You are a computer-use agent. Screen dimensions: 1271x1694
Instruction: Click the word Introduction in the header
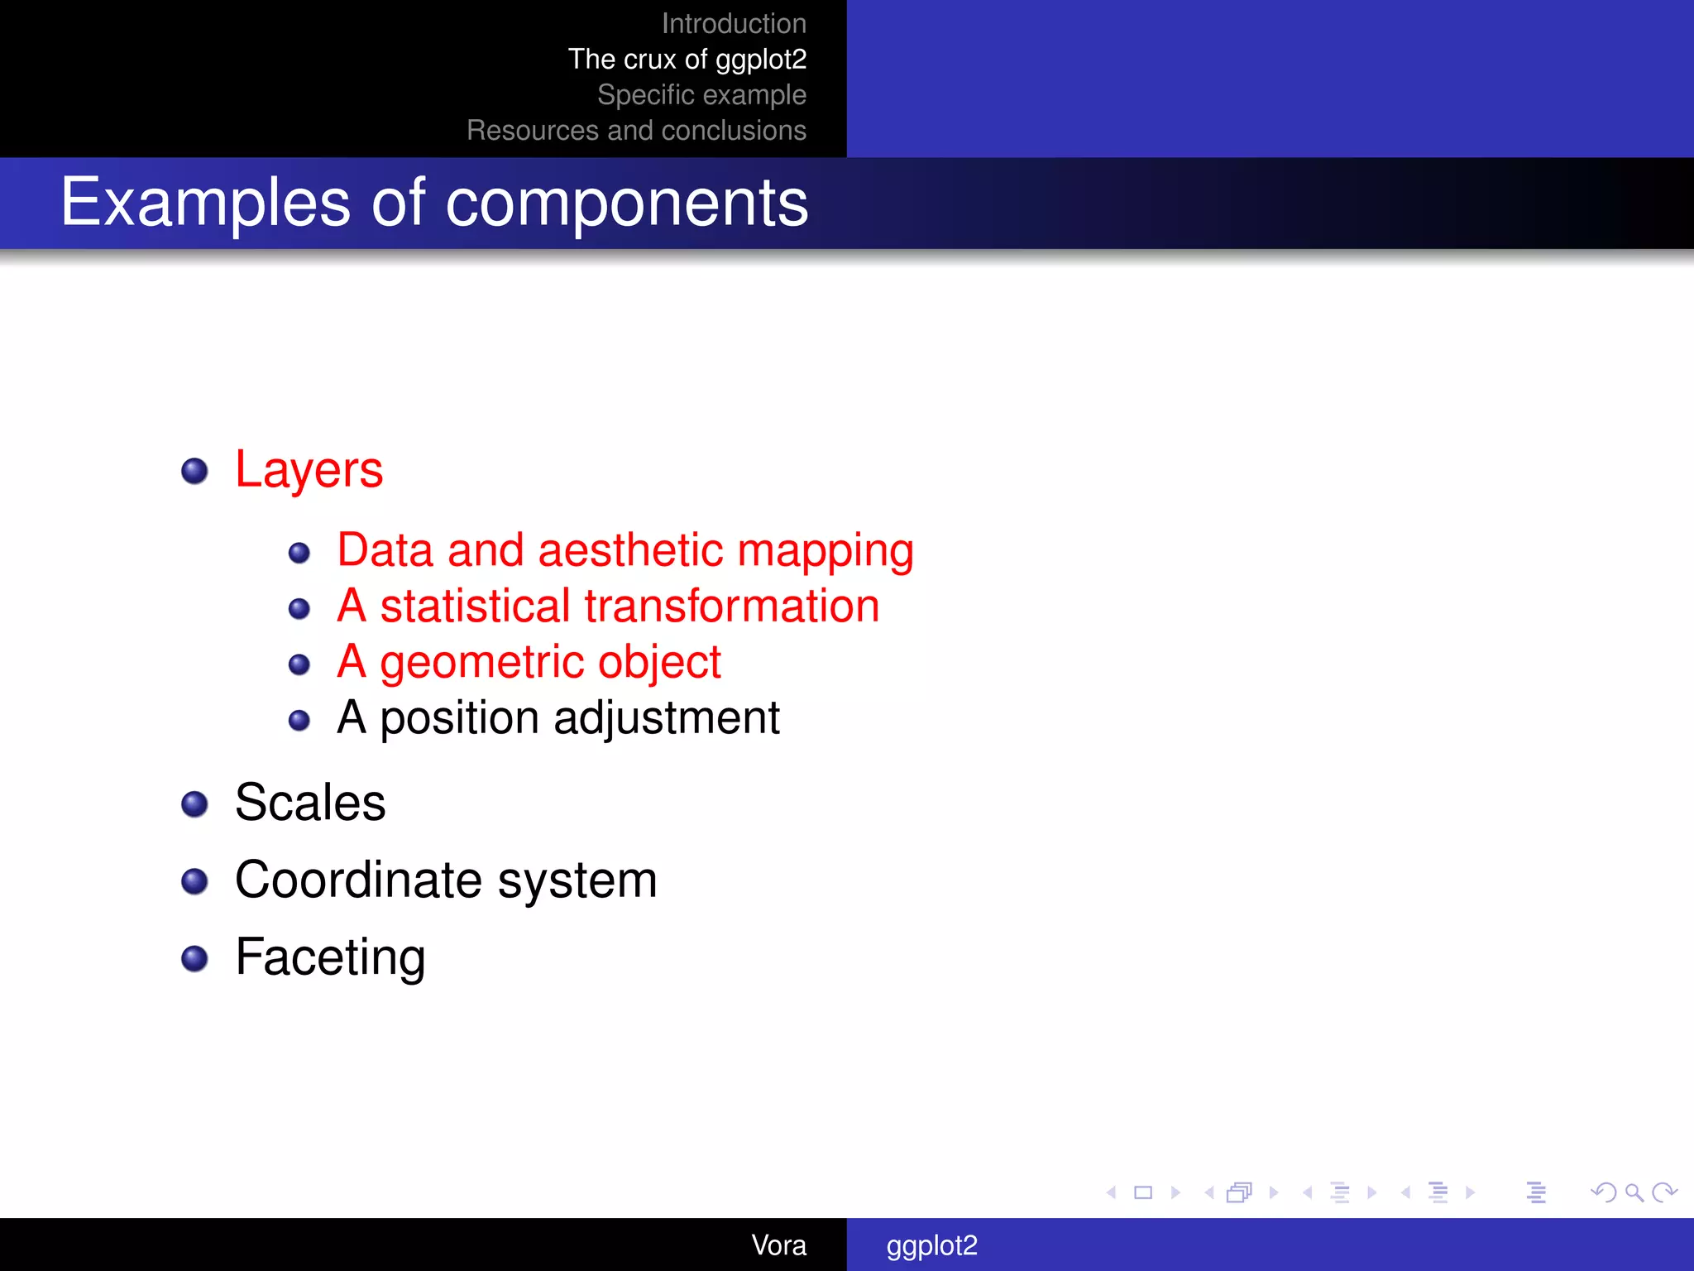pos(733,24)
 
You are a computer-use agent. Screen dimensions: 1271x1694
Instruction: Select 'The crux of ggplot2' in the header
pos(687,60)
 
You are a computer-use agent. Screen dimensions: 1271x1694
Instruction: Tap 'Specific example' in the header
pos(701,95)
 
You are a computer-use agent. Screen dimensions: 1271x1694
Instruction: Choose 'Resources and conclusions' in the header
pos(636,131)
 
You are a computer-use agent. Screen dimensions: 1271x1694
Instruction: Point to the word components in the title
pos(626,204)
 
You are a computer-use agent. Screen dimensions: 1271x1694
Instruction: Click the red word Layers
pos(309,470)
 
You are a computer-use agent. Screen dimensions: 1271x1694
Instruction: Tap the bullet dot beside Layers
pos(194,471)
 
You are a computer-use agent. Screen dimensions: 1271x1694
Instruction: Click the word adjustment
pos(666,717)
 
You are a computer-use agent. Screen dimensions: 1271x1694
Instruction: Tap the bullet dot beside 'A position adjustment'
pos(299,721)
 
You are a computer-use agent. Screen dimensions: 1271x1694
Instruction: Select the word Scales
pos(310,802)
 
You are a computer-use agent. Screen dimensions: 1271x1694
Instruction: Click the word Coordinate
pos(357,880)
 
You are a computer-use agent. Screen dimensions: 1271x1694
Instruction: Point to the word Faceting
pos(330,957)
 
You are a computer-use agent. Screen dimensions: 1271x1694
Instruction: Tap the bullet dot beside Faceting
pos(194,958)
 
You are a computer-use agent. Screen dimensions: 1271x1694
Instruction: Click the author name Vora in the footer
pos(778,1245)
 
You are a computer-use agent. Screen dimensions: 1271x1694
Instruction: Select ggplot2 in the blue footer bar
pos(931,1245)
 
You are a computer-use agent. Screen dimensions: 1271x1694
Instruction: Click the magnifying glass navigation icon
pos(1634,1192)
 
